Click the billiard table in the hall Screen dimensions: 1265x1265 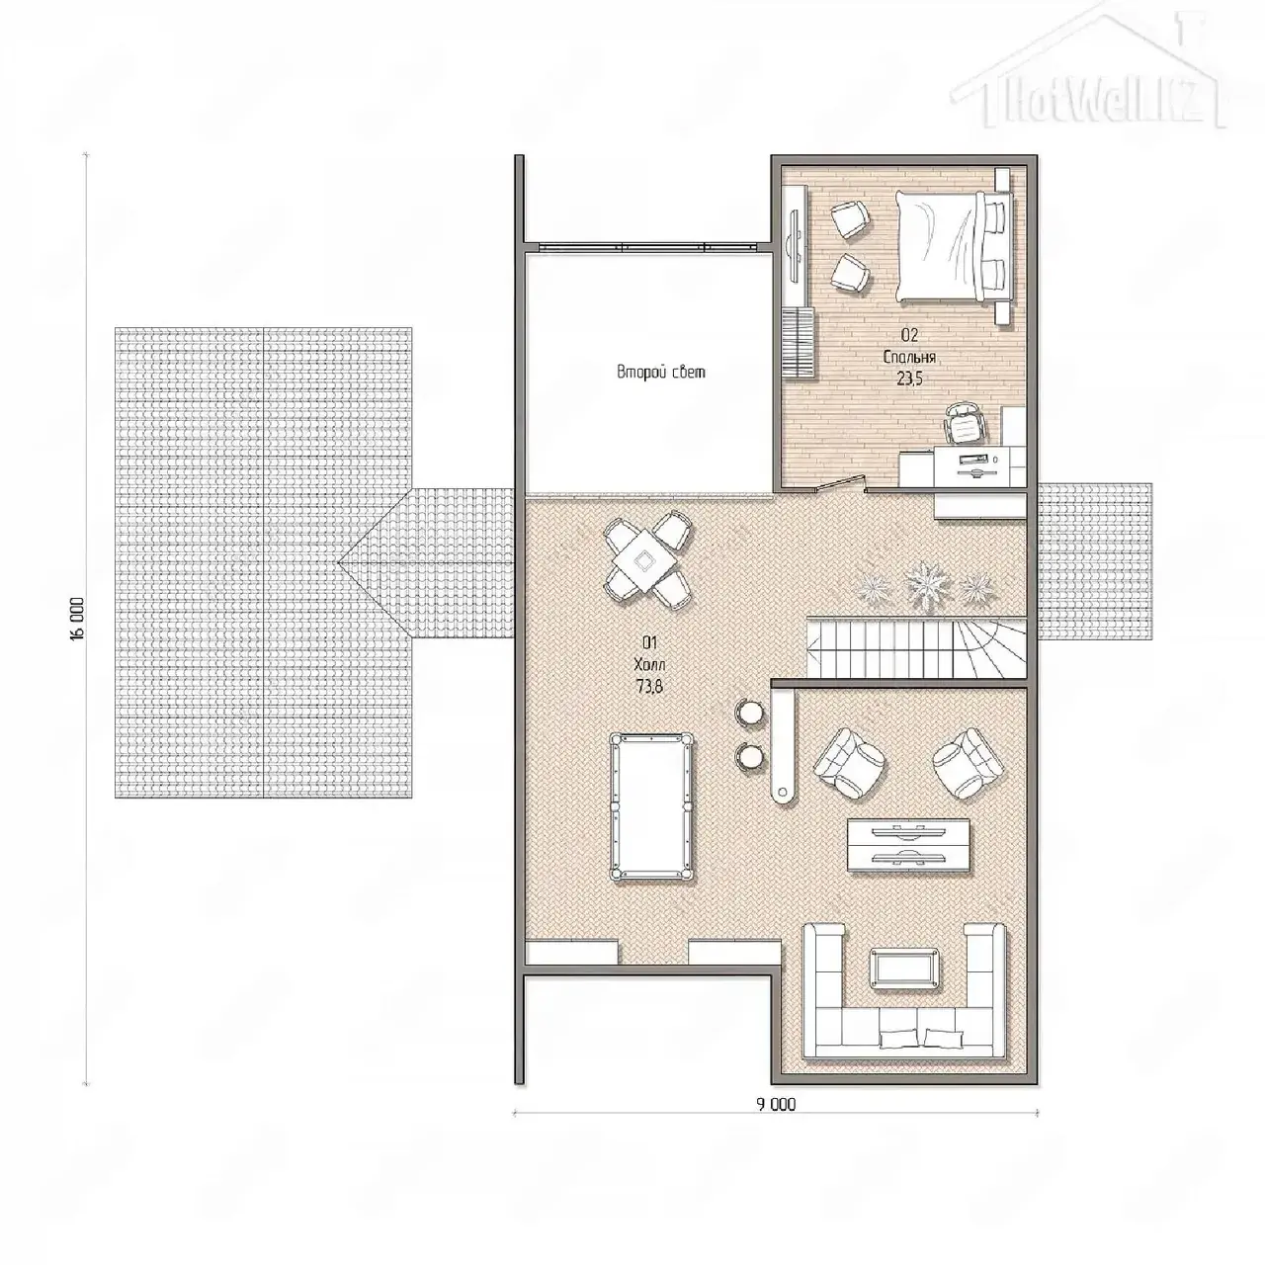click(651, 806)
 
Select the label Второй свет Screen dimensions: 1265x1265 click(661, 373)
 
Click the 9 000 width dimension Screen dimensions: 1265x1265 click(776, 1104)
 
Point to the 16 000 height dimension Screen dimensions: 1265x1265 click(77, 618)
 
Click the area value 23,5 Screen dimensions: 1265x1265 click(909, 379)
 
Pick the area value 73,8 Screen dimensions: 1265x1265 click(649, 687)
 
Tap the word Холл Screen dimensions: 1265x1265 click(650, 664)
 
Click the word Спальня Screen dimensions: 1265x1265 click(909, 357)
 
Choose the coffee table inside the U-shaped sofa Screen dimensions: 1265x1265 click(904, 968)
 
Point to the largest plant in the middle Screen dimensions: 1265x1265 click(926, 582)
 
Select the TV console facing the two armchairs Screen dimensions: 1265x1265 click(908, 845)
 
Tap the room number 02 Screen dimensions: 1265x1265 click(909, 335)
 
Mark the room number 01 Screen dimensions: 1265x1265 click(649, 642)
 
